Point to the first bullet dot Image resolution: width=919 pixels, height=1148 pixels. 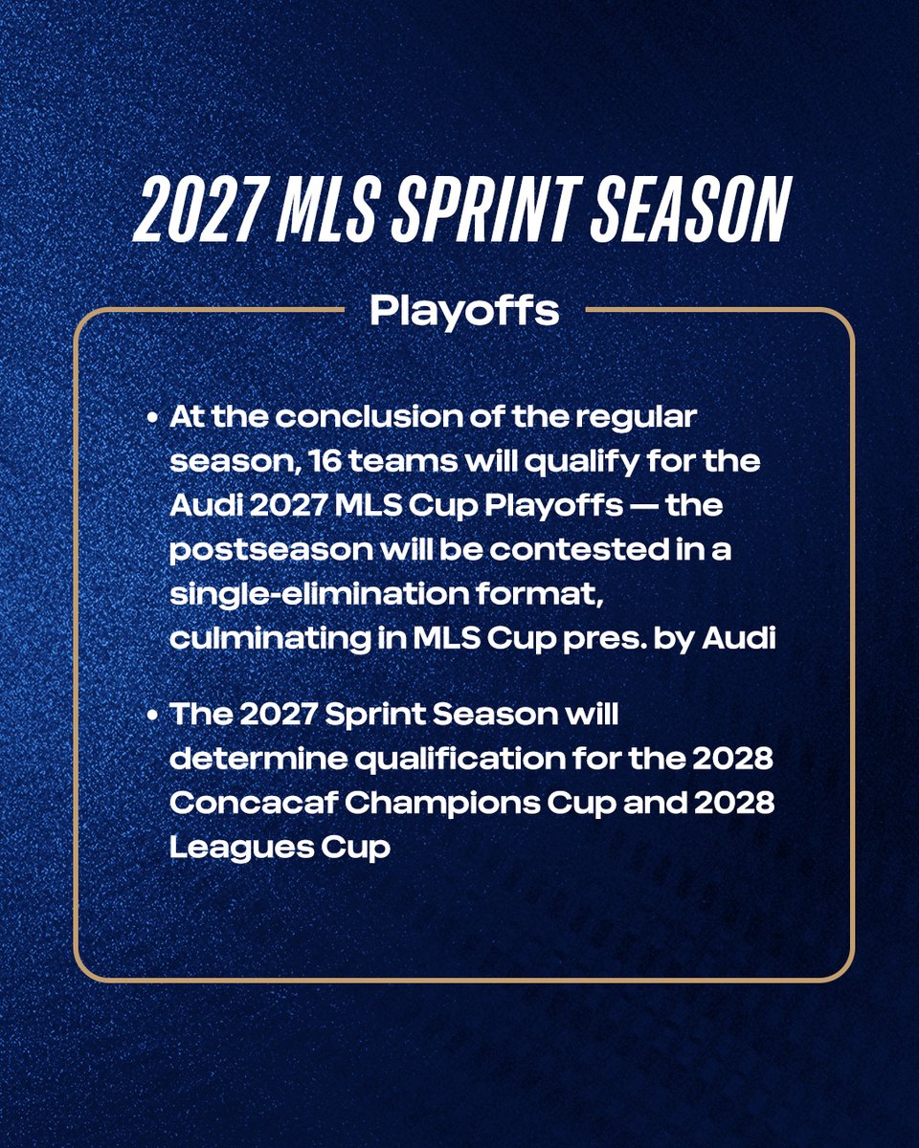(153, 419)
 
